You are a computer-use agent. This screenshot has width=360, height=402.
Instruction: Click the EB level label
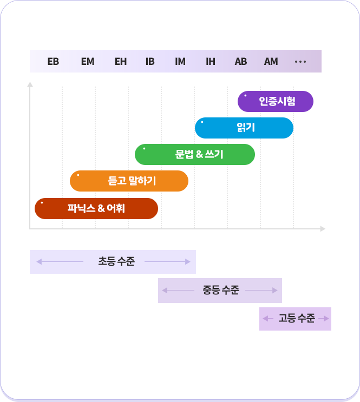click(x=53, y=62)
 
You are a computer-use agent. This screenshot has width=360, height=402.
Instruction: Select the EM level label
click(x=88, y=62)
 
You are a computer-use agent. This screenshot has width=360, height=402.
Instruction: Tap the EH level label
click(x=121, y=62)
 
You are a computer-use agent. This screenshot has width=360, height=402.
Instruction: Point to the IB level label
click(x=150, y=62)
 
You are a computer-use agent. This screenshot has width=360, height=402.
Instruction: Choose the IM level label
click(x=180, y=62)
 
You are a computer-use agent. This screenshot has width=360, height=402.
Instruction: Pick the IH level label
click(x=211, y=62)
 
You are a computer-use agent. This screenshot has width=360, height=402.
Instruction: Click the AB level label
click(x=241, y=62)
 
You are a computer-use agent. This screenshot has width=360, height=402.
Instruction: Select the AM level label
click(x=271, y=62)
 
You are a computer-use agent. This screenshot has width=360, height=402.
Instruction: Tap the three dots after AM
click(x=300, y=62)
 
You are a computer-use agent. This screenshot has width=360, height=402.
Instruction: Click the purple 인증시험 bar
click(x=276, y=102)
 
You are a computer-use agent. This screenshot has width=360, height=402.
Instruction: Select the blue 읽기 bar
click(x=244, y=128)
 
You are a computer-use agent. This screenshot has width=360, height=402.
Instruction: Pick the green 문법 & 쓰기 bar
click(x=195, y=154)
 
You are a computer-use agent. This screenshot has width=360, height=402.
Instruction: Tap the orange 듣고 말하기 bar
click(x=129, y=181)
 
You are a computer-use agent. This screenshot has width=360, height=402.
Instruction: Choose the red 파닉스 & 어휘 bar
click(x=96, y=208)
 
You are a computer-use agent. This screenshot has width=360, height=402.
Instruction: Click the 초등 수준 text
click(x=116, y=261)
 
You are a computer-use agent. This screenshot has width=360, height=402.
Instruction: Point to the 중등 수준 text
click(x=221, y=290)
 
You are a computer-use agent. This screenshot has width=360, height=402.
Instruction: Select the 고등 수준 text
click(x=297, y=319)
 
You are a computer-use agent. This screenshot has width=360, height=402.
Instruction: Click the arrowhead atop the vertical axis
click(x=30, y=84)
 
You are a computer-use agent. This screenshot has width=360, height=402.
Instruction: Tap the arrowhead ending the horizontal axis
click(x=323, y=229)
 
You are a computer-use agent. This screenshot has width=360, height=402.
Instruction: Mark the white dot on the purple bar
click(x=245, y=96)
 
